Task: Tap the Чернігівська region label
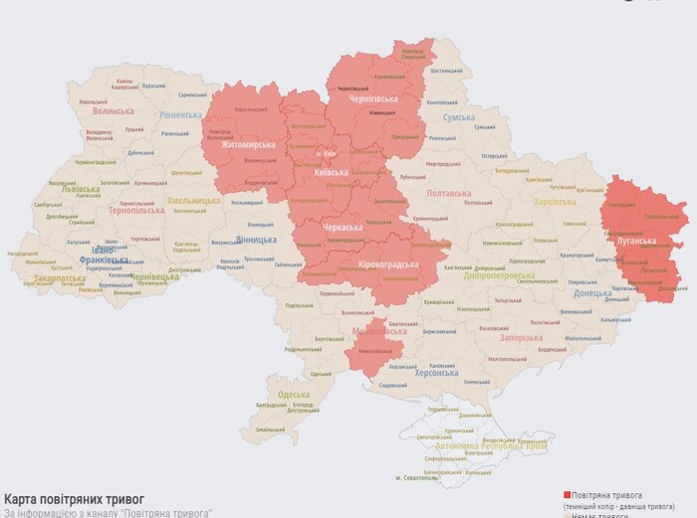tap(372, 99)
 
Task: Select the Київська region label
tap(331, 172)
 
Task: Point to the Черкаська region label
tap(343, 228)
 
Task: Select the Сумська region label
tap(459, 117)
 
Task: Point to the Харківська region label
tap(555, 202)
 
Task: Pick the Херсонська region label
tap(435, 373)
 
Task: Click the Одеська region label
tap(294, 395)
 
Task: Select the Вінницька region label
tap(257, 240)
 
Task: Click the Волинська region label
tap(113, 110)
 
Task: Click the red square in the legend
tap(568, 494)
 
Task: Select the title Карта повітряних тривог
tap(75, 497)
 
